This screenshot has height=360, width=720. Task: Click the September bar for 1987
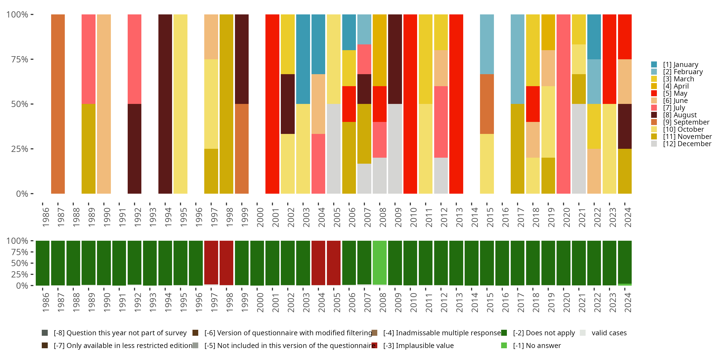(58, 104)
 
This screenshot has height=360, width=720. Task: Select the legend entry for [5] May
(675, 93)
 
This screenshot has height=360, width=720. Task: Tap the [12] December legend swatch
(654, 144)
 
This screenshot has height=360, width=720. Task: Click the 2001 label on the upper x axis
(276, 217)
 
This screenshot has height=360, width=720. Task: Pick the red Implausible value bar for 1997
(211, 263)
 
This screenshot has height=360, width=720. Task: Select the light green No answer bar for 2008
(380, 263)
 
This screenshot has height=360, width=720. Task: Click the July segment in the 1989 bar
(88, 59)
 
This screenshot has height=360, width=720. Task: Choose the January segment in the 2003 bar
(303, 59)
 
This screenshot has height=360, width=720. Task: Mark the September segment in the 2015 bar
(487, 104)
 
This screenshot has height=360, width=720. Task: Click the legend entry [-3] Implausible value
(418, 345)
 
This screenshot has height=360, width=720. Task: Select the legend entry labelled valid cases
(609, 333)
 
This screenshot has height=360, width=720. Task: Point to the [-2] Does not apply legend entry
(544, 333)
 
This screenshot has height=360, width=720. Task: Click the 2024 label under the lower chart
(628, 302)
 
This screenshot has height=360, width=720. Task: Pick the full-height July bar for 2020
(564, 104)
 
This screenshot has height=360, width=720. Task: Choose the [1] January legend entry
(680, 65)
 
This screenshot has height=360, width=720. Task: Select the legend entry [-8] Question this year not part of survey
(120, 333)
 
